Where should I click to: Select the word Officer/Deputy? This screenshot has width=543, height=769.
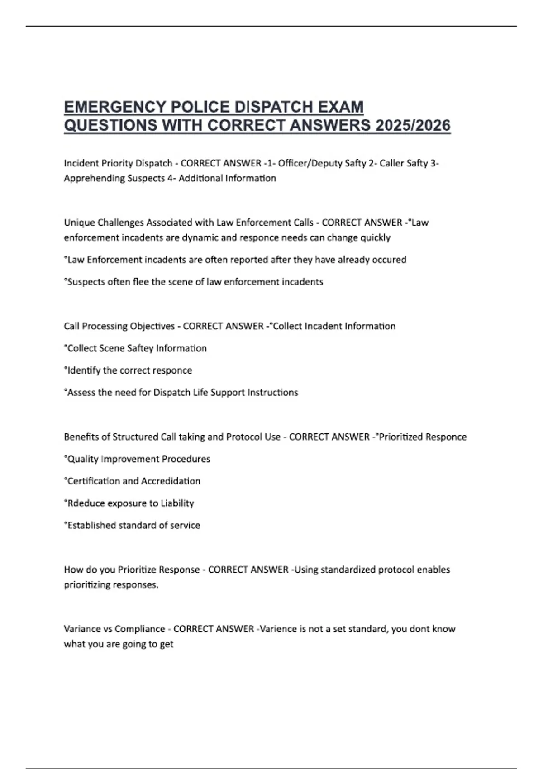click(x=322, y=163)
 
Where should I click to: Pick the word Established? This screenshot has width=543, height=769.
click(x=91, y=526)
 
